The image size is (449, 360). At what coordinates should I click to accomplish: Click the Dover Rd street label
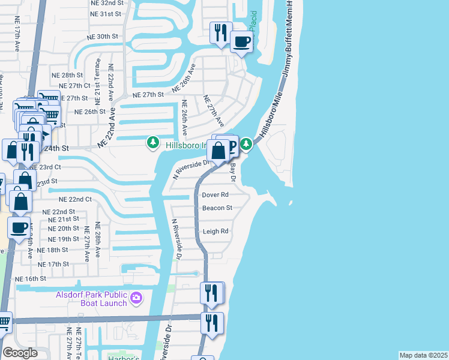(215, 195)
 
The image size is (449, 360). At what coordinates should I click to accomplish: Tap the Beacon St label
(217, 208)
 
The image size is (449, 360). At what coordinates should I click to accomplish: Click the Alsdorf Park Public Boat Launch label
(91, 298)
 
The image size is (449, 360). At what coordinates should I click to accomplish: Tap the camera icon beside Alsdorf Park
(136, 297)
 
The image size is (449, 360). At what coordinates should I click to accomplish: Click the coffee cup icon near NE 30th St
(242, 42)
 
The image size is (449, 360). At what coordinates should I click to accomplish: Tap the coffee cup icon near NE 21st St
(19, 227)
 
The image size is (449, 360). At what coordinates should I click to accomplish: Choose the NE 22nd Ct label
(75, 199)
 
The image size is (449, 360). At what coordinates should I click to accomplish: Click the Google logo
(20, 352)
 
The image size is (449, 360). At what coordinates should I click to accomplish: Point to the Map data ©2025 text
(423, 355)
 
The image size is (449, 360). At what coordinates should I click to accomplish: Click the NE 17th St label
(53, 264)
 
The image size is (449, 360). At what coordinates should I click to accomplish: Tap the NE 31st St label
(106, 13)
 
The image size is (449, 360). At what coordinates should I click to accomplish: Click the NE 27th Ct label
(74, 86)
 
